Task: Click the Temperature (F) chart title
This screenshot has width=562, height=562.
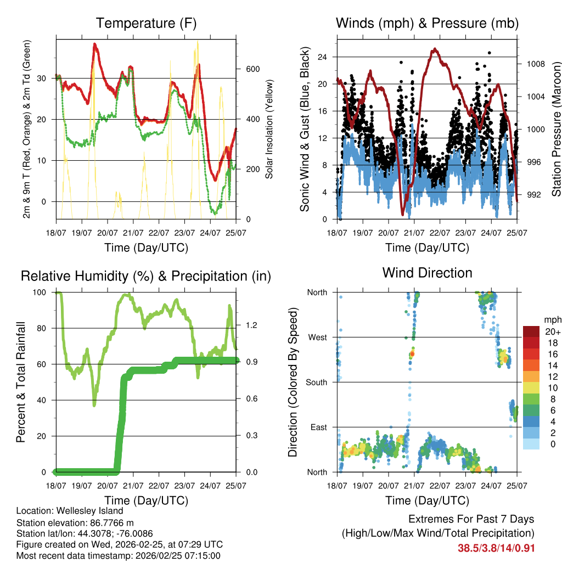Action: point(146,23)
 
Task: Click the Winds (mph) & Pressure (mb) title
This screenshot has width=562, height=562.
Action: point(427,23)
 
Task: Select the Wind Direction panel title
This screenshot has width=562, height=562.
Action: point(427,272)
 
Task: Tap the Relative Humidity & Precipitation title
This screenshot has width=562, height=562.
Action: point(146,276)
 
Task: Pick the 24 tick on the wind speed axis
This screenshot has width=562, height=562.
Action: point(322,57)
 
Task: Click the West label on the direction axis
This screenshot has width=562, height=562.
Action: point(318,337)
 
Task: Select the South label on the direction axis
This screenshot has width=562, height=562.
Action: point(317,382)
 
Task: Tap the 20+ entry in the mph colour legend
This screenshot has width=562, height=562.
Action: point(552,332)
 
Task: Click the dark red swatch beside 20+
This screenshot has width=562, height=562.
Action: point(531,331)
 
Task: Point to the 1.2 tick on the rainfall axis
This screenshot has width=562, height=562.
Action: point(252,325)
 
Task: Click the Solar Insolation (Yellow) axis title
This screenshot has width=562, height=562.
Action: point(269,130)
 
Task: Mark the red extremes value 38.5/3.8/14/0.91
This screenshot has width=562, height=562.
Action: point(496,548)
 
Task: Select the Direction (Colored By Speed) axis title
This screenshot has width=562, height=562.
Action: point(293,382)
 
